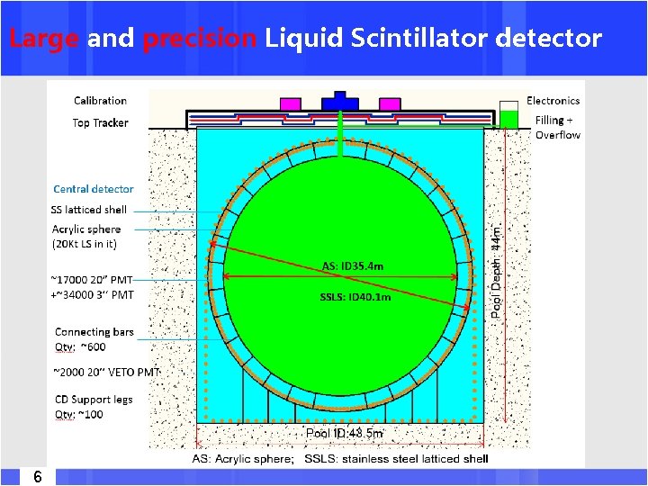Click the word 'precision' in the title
(198, 39)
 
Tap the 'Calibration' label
(100, 101)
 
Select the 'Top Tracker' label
(100, 123)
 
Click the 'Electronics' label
(553, 101)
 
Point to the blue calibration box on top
(340, 99)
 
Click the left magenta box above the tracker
(290, 103)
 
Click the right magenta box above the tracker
(391, 103)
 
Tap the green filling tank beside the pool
(509, 118)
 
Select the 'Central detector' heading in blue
(93, 189)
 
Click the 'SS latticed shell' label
(89, 210)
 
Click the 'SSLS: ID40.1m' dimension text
(355, 297)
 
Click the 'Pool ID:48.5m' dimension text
(345, 433)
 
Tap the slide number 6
(37, 476)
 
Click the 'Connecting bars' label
(94, 332)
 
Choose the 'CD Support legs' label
(94, 400)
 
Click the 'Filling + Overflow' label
(557, 127)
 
